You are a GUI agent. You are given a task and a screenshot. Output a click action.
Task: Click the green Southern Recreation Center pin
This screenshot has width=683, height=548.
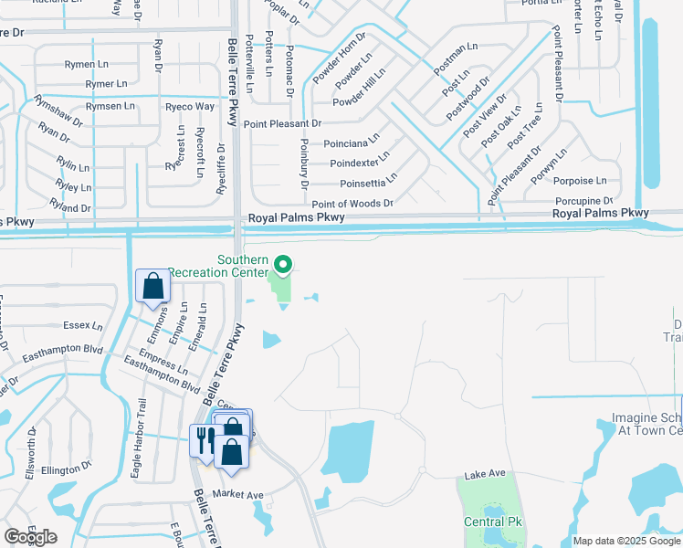point(283,265)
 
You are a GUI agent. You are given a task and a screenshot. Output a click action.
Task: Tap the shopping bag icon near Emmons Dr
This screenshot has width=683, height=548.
point(152,286)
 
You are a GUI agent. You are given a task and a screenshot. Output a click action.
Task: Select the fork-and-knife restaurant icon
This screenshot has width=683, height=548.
point(203,440)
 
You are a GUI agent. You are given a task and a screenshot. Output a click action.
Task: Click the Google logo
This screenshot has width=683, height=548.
point(30,537)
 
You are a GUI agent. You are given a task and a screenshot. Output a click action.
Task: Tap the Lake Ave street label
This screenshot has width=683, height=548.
point(484,474)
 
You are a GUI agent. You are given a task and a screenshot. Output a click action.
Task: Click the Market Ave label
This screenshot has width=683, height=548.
point(237,495)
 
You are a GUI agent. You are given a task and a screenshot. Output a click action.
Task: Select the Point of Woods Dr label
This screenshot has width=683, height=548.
point(352,204)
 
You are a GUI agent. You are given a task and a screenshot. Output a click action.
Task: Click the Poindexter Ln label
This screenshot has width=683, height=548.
point(360,163)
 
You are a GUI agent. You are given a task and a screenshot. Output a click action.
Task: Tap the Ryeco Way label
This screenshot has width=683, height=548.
point(190,106)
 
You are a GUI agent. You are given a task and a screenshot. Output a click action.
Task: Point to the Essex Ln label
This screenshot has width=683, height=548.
point(80,325)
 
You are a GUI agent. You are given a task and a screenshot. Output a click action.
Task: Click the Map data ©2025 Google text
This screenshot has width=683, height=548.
point(625,541)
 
